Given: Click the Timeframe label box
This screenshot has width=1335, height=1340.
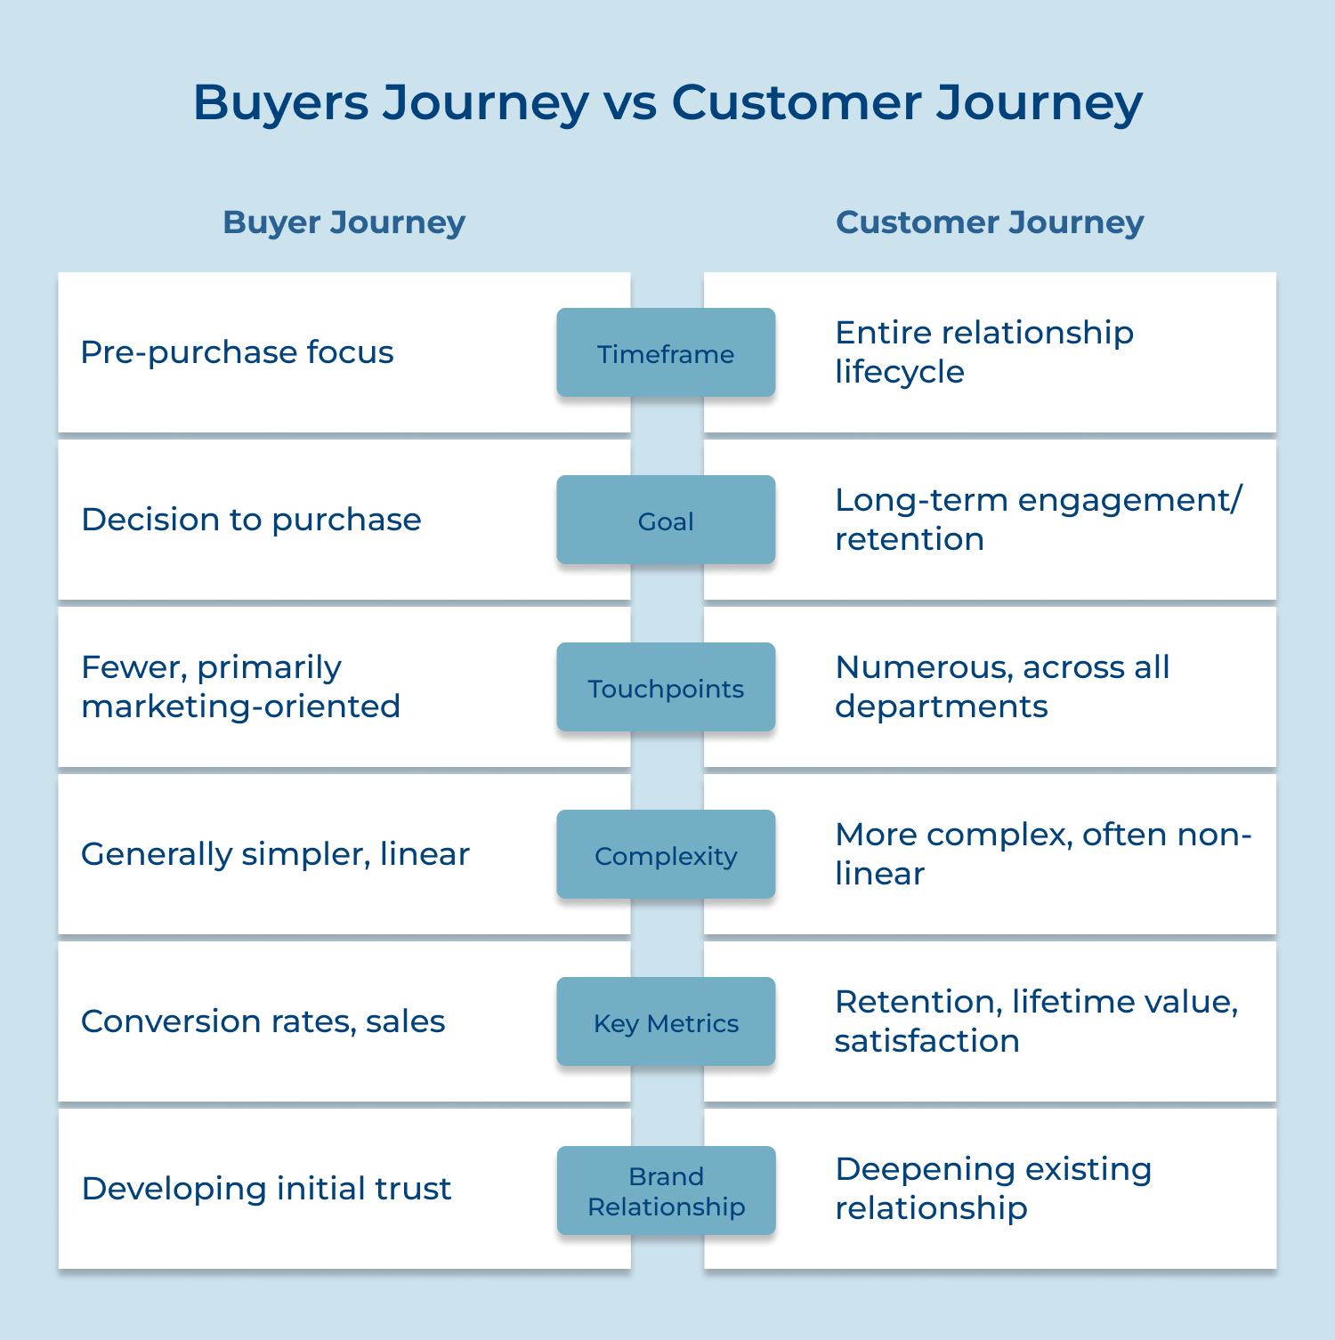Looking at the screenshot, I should point(666,353).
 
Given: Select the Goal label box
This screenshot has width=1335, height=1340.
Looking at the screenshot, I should point(666,521).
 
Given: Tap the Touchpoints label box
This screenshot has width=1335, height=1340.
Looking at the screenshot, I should point(666,688).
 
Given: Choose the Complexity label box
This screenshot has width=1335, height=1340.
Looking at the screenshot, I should point(666,855).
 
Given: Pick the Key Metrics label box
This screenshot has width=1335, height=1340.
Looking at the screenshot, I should point(666,1022).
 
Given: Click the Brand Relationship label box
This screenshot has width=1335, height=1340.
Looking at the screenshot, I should point(666,1191).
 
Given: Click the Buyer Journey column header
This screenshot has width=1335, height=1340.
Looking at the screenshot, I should point(344,222).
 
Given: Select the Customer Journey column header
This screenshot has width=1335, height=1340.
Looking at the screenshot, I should point(990,222).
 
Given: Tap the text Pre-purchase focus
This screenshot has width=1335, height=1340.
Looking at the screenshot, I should point(237,352).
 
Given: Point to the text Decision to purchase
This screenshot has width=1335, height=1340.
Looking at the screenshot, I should point(251,520).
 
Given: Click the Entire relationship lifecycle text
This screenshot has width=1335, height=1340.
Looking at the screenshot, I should point(983,351).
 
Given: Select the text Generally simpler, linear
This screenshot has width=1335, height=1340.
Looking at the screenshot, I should point(275,854).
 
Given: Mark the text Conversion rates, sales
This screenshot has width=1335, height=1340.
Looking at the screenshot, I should point(263,1021).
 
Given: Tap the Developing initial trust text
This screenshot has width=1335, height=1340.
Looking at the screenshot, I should point(266,1189).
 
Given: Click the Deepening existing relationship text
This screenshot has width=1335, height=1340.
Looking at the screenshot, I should point(992,1188).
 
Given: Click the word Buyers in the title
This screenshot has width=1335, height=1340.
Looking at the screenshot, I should point(280,103).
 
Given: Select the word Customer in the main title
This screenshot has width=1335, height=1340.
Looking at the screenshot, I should point(796,103).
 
